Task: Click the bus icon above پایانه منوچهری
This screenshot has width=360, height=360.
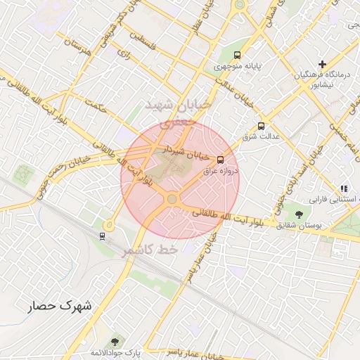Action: (x=237, y=55)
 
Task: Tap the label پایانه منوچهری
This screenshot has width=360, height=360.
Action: (x=238, y=67)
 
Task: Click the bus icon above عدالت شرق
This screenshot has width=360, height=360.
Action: (x=261, y=126)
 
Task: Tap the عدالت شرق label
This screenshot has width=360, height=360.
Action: (x=261, y=136)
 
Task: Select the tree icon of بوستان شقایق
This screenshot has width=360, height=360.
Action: (x=300, y=214)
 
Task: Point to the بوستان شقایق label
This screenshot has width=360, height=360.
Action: (x=299, y=225)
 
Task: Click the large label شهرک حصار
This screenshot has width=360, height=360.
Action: (x=60, y=306)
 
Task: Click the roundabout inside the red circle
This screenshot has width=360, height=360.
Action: (x=172, y=200)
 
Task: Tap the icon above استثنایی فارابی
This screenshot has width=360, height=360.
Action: (x=344, y=188)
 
